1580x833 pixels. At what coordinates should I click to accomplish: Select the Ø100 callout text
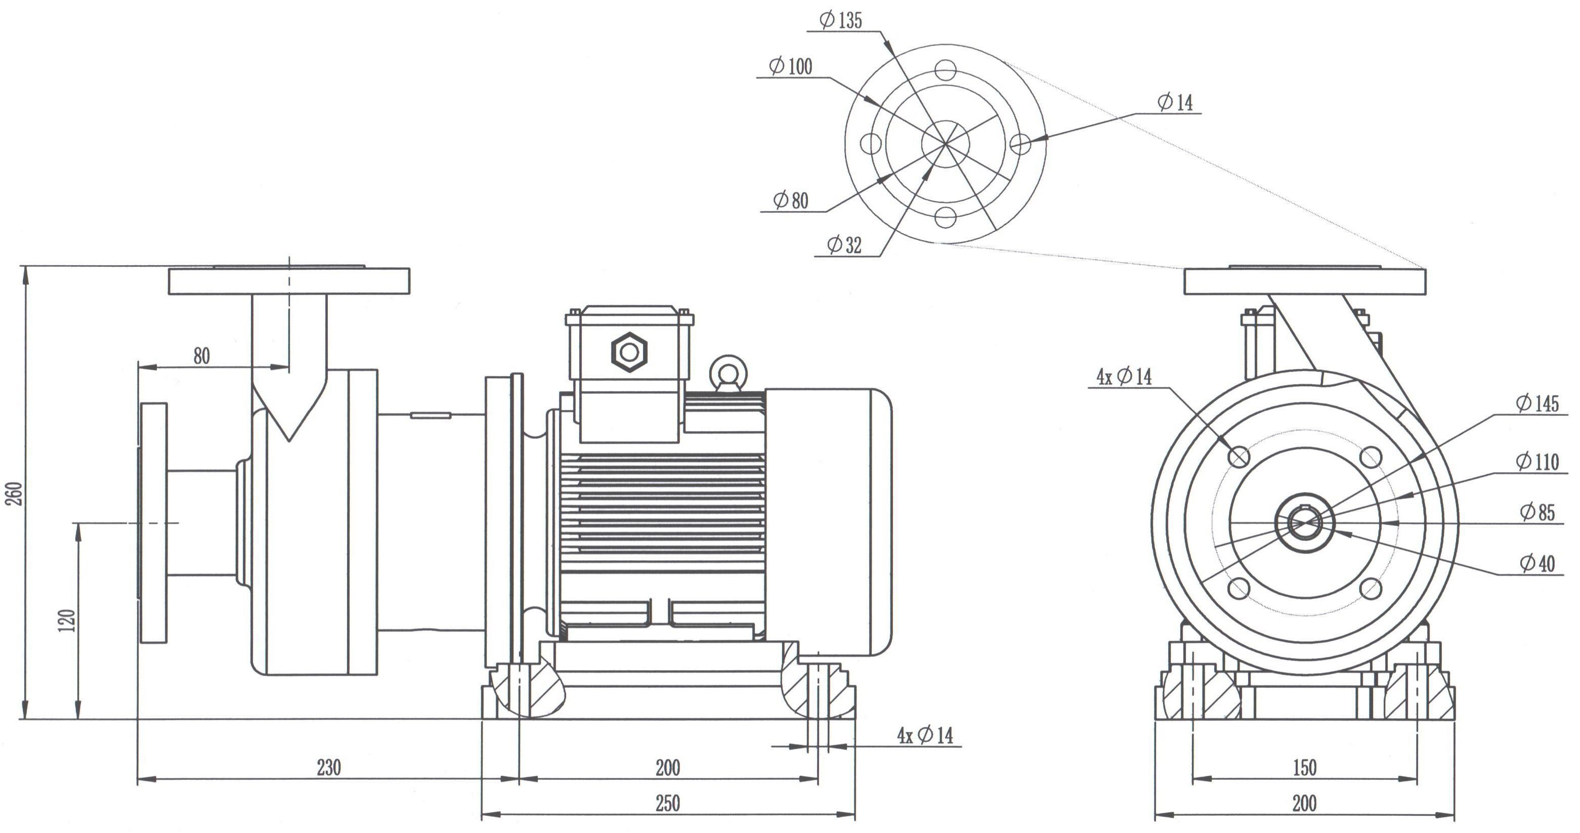point(790,67)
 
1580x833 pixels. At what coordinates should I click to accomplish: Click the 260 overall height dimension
point(15,494)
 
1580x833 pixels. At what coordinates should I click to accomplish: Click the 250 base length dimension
point(667,803)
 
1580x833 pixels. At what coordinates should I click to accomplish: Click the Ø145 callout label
point(1536,404)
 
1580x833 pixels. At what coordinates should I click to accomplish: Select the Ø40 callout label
point(1537,564)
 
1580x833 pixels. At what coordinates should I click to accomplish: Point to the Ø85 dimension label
point(1537,512)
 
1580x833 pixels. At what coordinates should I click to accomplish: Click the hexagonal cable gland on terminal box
point(629,352)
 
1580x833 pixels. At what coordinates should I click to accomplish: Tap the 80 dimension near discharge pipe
point(202,356)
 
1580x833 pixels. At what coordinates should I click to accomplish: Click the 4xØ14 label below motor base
point(925,735)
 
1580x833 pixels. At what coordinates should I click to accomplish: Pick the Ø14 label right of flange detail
point(1175,102)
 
